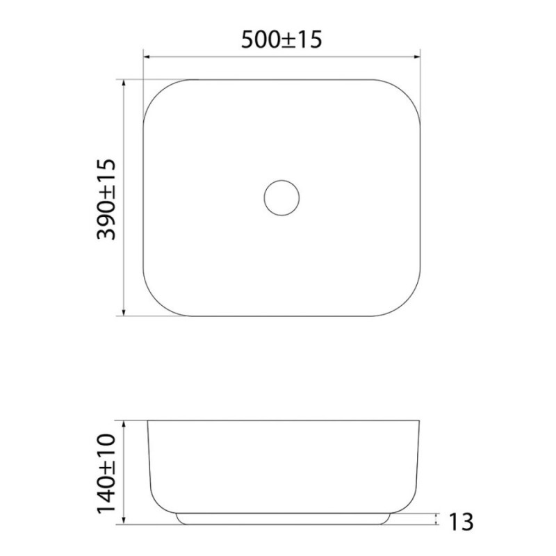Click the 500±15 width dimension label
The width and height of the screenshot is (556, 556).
(x=281, y=40)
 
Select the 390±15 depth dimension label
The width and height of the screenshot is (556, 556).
(x=106, y=199)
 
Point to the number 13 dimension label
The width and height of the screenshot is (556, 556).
(x=461, y=522)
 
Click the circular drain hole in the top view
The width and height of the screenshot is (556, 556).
(x=281, y=180)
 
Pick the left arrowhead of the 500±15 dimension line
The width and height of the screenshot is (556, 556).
(x=148, y=56)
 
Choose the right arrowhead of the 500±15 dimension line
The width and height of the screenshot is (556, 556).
(x=416, y=56)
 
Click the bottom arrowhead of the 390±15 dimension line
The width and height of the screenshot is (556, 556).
(x=124, y=311)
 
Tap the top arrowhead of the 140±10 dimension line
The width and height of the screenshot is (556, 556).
(x=124, y=425)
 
